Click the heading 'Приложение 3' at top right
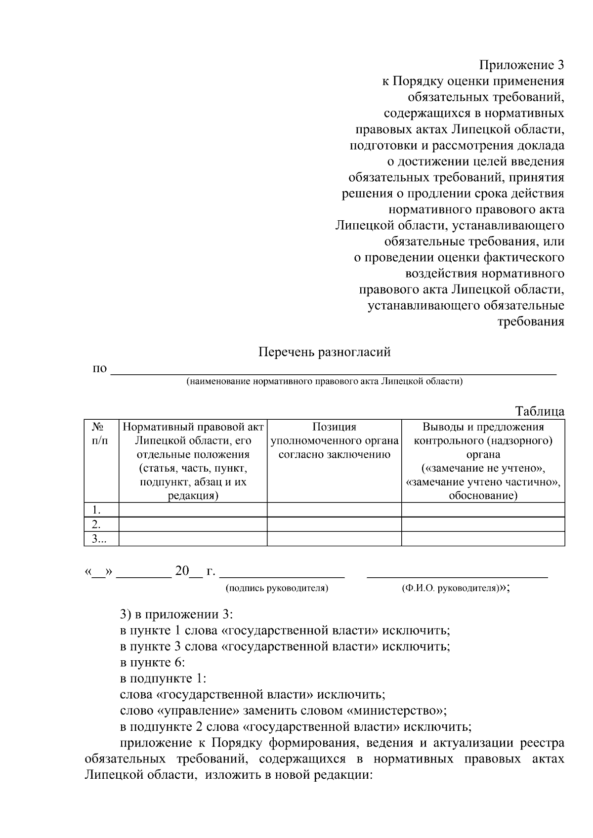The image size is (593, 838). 521,65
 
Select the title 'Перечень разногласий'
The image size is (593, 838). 325,352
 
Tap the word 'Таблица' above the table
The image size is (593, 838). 540,411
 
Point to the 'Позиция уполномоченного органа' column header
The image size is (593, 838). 334,440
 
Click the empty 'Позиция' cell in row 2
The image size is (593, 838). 334,524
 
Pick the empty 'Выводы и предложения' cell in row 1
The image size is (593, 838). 483,510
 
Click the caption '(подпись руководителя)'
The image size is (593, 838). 277,588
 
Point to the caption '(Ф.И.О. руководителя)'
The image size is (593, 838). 450,588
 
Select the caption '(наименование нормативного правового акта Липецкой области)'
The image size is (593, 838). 325,381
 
